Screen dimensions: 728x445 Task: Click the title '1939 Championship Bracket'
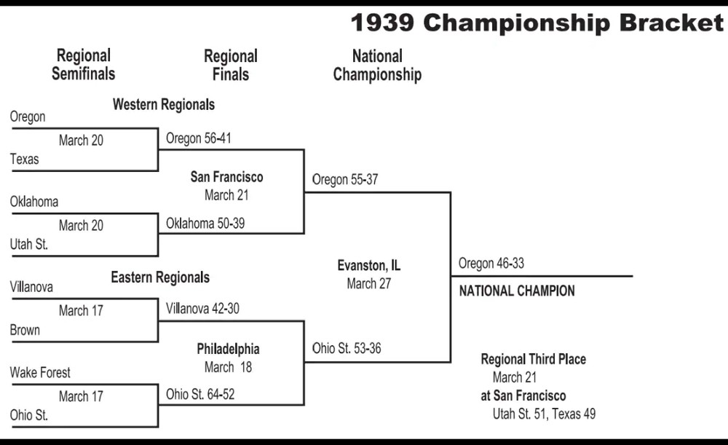(x=537, y=23)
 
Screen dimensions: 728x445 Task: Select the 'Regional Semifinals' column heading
(x=84, y=65)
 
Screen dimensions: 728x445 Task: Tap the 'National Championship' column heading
(x=377, y=65)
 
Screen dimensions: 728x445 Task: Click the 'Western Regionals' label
(x=164, y=105)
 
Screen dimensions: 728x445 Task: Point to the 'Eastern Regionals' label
(x=160, y=277)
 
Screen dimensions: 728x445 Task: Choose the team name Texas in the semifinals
(x=24, y=160)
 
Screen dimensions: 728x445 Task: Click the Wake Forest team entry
(x=40, y=373)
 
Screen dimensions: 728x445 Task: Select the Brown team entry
(x=25, y=330)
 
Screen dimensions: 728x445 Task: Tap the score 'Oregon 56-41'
(x=198, y=138)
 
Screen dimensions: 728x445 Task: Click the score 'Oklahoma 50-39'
(x=205, y=224)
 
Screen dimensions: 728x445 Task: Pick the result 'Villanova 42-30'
(x=202, y=308)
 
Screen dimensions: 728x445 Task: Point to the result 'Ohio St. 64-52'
(x=200, y=394)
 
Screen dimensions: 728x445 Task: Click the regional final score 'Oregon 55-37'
(x=345, y=180)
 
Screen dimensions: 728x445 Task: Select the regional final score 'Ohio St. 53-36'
(x=347, y=348)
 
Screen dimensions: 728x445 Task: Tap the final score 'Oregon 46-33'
(x=491, y=264)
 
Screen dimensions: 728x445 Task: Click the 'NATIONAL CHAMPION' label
(x=517, y=291)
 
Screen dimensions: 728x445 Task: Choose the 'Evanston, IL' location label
(x=368, y=266)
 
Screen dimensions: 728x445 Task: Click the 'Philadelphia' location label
(x=228, y=350)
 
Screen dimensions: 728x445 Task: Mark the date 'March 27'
(x=368, y=284)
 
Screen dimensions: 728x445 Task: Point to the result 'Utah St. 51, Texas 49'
(x=544, y=414)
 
